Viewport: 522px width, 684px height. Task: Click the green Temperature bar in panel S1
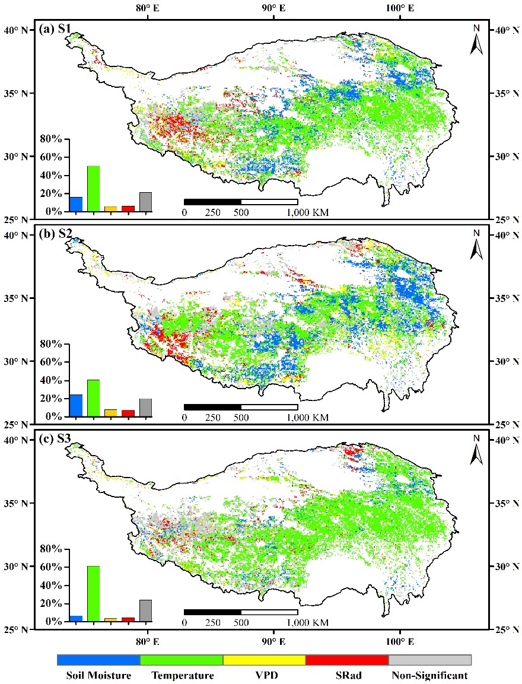pyautogui.click(x=94, y=189)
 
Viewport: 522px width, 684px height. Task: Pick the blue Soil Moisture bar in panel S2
pyautogui.click(x=76, y=405)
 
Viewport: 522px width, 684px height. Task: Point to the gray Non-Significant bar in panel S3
pyautogui.click(x=145, y=610)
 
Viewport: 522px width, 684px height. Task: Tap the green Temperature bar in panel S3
pyautogui.click(x=94, y=594)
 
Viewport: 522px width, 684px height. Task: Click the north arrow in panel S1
pyautogui.click(x=476, y=40)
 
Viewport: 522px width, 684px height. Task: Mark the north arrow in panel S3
pyautogui.click(x=476, y=450)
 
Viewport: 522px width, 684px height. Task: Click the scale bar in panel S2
pyautogui.click(x=241, y=407)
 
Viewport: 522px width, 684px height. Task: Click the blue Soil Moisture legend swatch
pyautogui.click(x=98, y=660)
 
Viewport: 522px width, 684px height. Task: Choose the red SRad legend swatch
pyautogui.click(x=346, y=660)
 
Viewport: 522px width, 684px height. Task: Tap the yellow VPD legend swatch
pyautogui.click(x=264, y=660)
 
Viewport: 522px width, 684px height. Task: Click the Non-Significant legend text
pyautogui.click(x=429, y=675)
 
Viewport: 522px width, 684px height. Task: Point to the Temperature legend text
pyautogui.click(x=182, y=675)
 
